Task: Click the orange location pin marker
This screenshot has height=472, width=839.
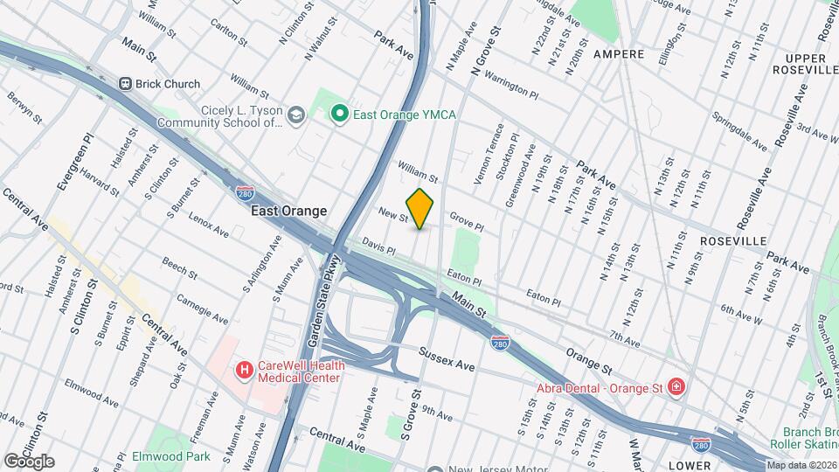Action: click(420, 209)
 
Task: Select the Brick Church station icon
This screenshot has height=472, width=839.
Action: click(127, 84)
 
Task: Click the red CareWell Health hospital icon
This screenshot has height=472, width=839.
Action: click(244, 371)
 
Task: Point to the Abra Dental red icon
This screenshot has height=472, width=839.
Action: click(676, 386)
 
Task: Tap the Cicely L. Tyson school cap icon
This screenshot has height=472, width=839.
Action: click(296, 115)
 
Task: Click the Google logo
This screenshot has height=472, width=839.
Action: click(29, 461)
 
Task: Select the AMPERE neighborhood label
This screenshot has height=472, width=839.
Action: click(618, 54)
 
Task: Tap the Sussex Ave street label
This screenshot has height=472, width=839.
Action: click(446, 358)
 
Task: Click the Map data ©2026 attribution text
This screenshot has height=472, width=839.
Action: click(801, 465)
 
